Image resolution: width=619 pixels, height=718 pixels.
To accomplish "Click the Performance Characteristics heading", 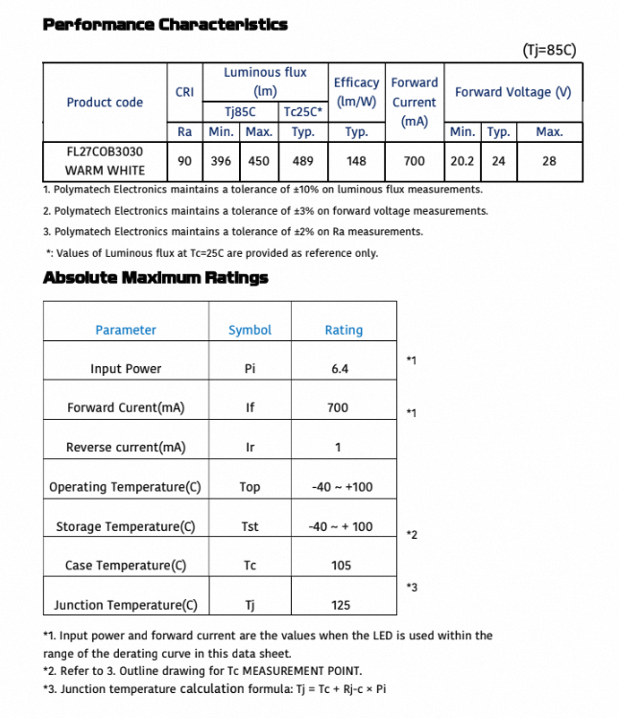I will click(165, 24).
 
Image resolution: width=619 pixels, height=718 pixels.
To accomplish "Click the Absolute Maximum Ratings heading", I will click(155, 278).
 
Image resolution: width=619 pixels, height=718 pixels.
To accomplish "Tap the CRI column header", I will click(185, 92).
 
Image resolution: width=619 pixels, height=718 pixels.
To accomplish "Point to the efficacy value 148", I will click(357, 161).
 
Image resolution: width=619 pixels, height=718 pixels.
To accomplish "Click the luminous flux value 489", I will click(303, 161).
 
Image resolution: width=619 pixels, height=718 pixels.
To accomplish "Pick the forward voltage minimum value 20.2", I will click(463, 161).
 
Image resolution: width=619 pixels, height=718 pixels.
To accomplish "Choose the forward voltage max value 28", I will click(549, 161).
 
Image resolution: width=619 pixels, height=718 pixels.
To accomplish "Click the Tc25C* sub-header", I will click(303, 112).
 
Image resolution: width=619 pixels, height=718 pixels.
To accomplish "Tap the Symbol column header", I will click(250, 330).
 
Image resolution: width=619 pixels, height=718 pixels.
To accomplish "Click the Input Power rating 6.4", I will click(340, 369).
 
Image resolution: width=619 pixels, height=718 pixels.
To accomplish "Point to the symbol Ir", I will click(250, 448).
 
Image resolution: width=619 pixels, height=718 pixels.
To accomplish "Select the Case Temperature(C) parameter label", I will click(126, 566).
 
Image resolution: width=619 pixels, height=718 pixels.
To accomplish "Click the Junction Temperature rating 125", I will click(341, 605).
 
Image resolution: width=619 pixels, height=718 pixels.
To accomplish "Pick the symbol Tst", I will click(250, 526).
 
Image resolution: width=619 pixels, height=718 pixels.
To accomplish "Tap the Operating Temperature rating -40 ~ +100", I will click(342, 487).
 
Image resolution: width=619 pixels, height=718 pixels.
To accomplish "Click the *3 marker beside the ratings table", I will click(412, 587).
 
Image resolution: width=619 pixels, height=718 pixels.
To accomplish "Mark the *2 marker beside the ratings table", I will click(412, 534).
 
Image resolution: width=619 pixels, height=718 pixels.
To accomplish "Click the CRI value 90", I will click(185, 161).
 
